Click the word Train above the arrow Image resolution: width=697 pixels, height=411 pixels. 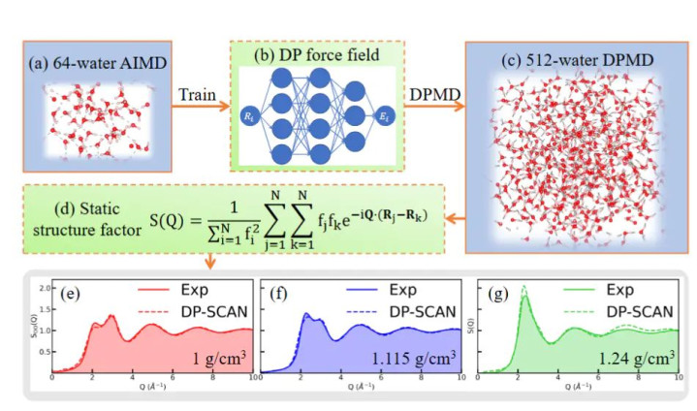click(198, 97)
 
